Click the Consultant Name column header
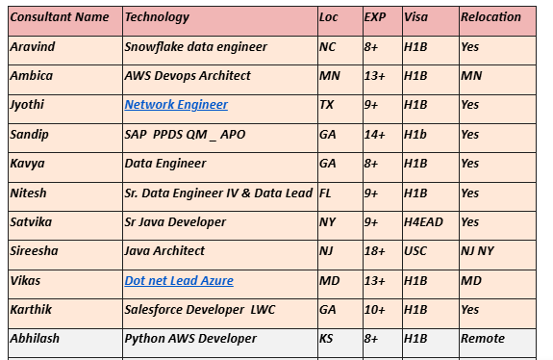point(59,17)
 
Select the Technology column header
point(158,17)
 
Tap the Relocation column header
point(490,17)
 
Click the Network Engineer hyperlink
point(176,105)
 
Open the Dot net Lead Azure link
point(179,281)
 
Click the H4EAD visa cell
point(424,222)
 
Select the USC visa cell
point(415,251)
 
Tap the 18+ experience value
point(375,251)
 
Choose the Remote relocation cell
point(483,339)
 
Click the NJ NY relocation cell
point(478,251)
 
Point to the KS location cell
point(327,339)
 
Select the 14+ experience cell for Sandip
point(375,135)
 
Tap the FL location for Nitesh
point(326,193)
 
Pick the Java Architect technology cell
point(164,251)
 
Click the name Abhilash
point(37,339)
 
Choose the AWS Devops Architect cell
point(188,75)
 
